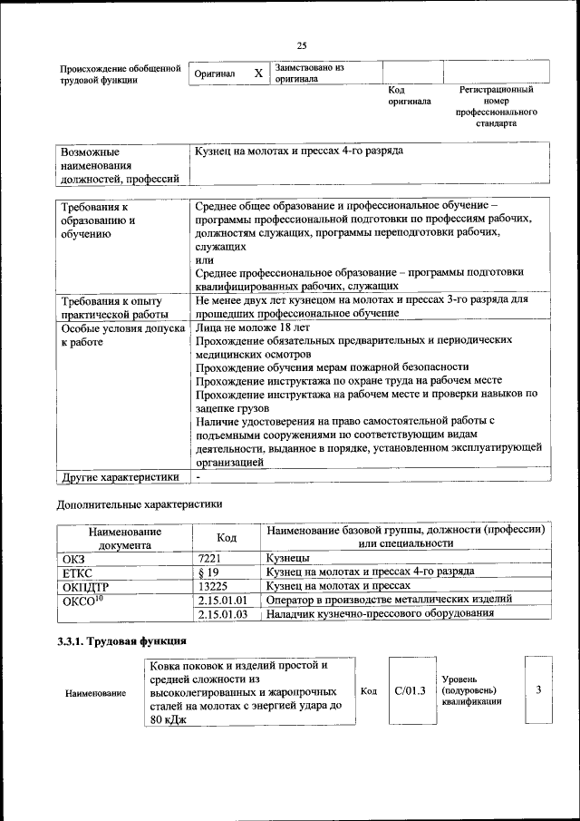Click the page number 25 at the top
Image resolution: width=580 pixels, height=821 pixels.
click(303, 46)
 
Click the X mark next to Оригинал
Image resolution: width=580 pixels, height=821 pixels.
click(257, 73)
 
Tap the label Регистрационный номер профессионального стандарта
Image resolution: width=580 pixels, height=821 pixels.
click(497, 106)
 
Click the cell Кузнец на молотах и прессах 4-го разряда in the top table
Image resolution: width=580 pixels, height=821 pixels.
click(299, 151)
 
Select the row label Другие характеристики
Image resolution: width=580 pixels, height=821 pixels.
click(119, 476)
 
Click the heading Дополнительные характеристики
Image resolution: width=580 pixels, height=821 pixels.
click(139, 503)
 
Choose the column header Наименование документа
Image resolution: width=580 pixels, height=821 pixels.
click(125, 538)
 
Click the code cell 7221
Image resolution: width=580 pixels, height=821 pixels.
click(209, 559)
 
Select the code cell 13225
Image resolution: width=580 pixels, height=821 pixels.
click(212, 587)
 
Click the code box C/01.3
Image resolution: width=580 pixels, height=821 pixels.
click(410, 691)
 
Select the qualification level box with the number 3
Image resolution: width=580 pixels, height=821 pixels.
click(538, 690)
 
